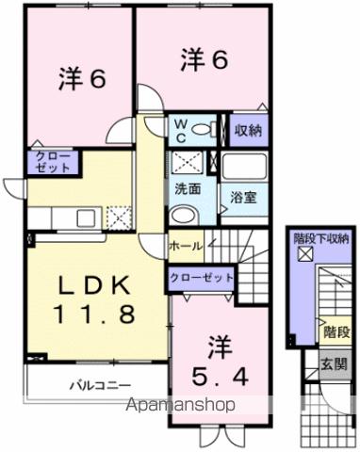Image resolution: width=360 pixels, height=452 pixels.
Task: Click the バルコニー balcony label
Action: click(x=98, y=384)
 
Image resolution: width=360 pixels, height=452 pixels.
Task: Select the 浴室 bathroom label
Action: click(x=244, y=199)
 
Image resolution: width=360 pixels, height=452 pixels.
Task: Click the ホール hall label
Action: click(x=184, y=246)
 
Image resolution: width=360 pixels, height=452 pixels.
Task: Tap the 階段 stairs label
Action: click(x=335, y=332)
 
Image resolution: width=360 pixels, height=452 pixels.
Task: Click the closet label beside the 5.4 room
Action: click(x=200, y=278)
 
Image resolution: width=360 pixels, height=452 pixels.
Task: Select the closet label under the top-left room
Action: click(x=48, y=161)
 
